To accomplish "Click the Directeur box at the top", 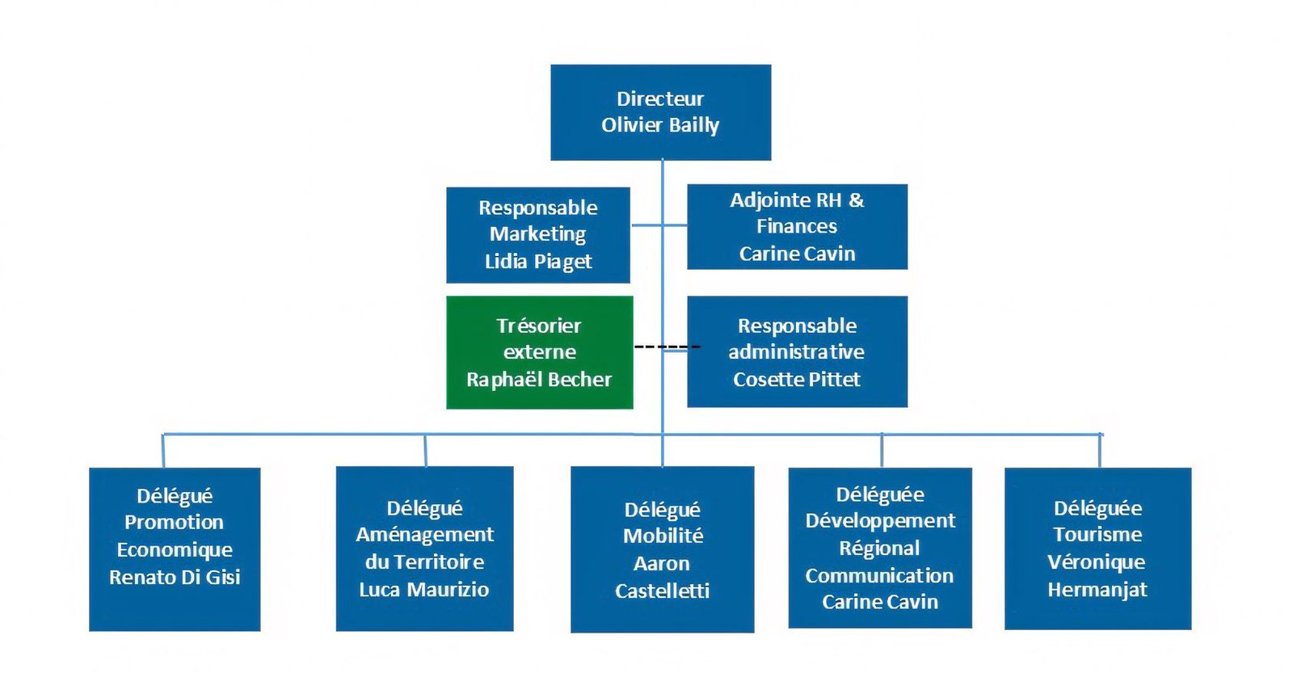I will click(x=660, y=111).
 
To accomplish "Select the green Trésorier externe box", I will click(x=539, y=352).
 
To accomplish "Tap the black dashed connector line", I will click(x=667, y=347).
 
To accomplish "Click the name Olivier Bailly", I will click(x=660, y=125).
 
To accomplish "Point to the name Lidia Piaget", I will click(x=538, y=262).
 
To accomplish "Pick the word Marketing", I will click(x=538, y=234).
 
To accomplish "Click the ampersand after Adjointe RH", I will click(x=856, y=200).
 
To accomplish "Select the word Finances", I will click(x=797, y=226).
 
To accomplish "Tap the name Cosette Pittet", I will click(x=797, y=380).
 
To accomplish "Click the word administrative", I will click(x=797, y=352).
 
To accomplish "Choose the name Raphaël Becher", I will click(x=539, y=380).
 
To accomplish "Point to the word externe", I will click(x=539, y=352).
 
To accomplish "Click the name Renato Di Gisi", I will click(x=175, y=578).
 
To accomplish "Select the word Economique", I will click(x=175, y=550).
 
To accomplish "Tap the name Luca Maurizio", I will click(x=424, y=590).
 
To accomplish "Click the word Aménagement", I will click(x=424, y=535).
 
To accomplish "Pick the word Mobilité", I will click(x=663, y=536).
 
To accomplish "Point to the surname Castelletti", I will click(x=663, y=591).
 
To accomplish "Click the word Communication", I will click(x=879, y=576).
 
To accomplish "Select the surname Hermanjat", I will click(x=1097, y=590).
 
